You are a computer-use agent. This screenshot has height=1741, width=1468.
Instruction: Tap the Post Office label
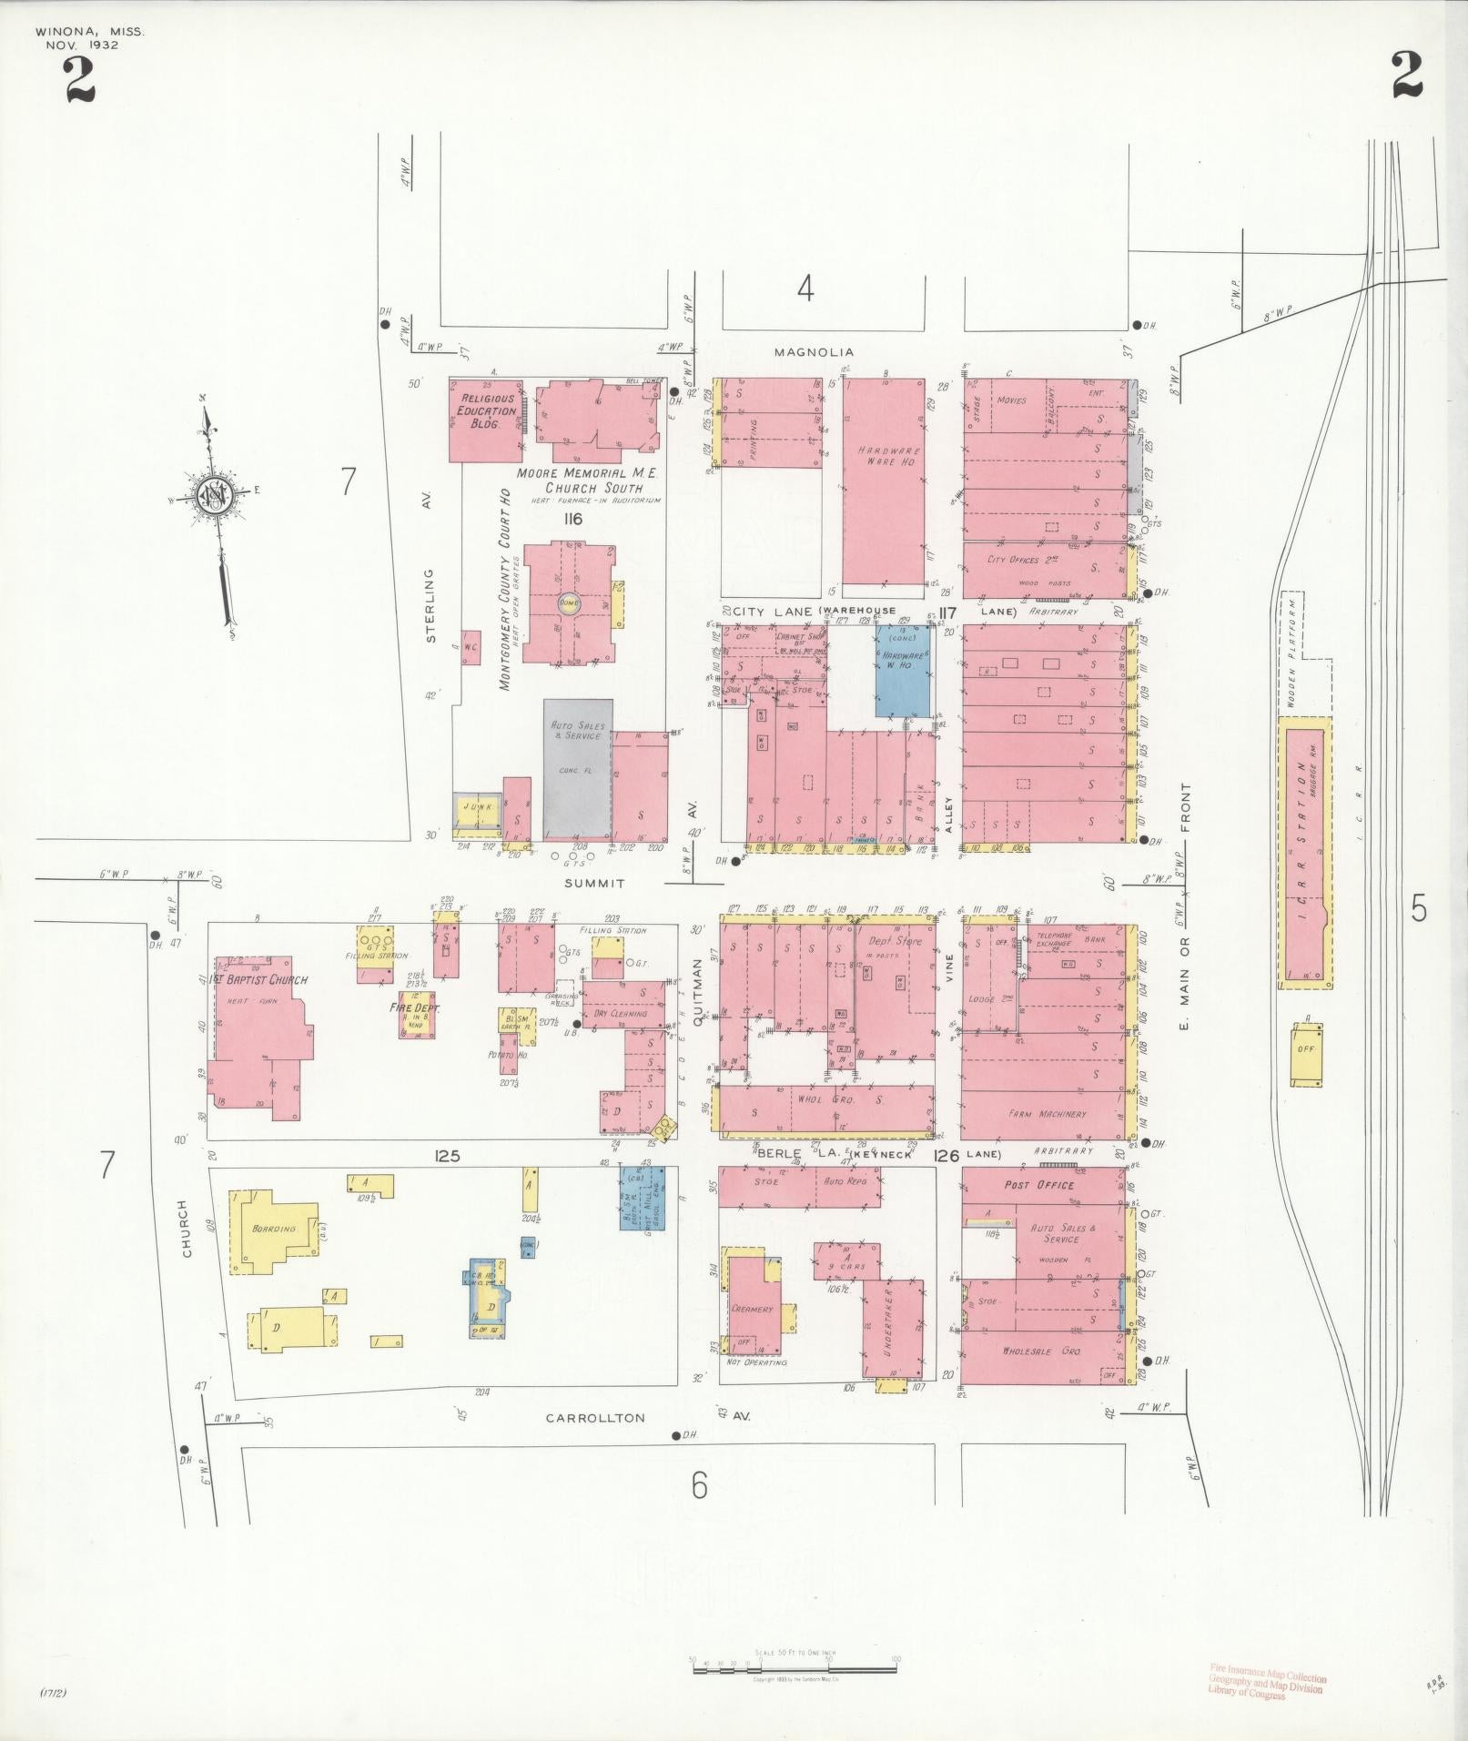click(1038, 1185)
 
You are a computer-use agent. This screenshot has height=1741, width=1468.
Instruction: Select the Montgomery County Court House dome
click(569, 603)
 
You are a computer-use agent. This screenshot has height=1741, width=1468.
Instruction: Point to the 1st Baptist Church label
click(259, 980)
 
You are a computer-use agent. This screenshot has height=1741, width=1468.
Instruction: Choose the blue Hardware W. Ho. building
click(903, 671)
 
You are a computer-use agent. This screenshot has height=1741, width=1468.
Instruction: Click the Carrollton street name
click(595, 1443)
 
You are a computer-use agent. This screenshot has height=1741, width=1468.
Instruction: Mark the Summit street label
click(593, 883)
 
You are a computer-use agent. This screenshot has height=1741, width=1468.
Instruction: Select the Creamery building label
click(752, 1309)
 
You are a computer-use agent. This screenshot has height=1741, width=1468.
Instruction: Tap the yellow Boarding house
click(274, 1230)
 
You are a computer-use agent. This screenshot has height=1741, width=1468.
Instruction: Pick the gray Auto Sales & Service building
click(577, 768)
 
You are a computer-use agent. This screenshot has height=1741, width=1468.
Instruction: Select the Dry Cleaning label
click(619, 1013)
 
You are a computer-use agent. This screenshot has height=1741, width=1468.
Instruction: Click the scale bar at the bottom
click(795, 1668)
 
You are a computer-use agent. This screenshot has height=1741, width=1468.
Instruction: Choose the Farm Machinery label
click(1047, 1114)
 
